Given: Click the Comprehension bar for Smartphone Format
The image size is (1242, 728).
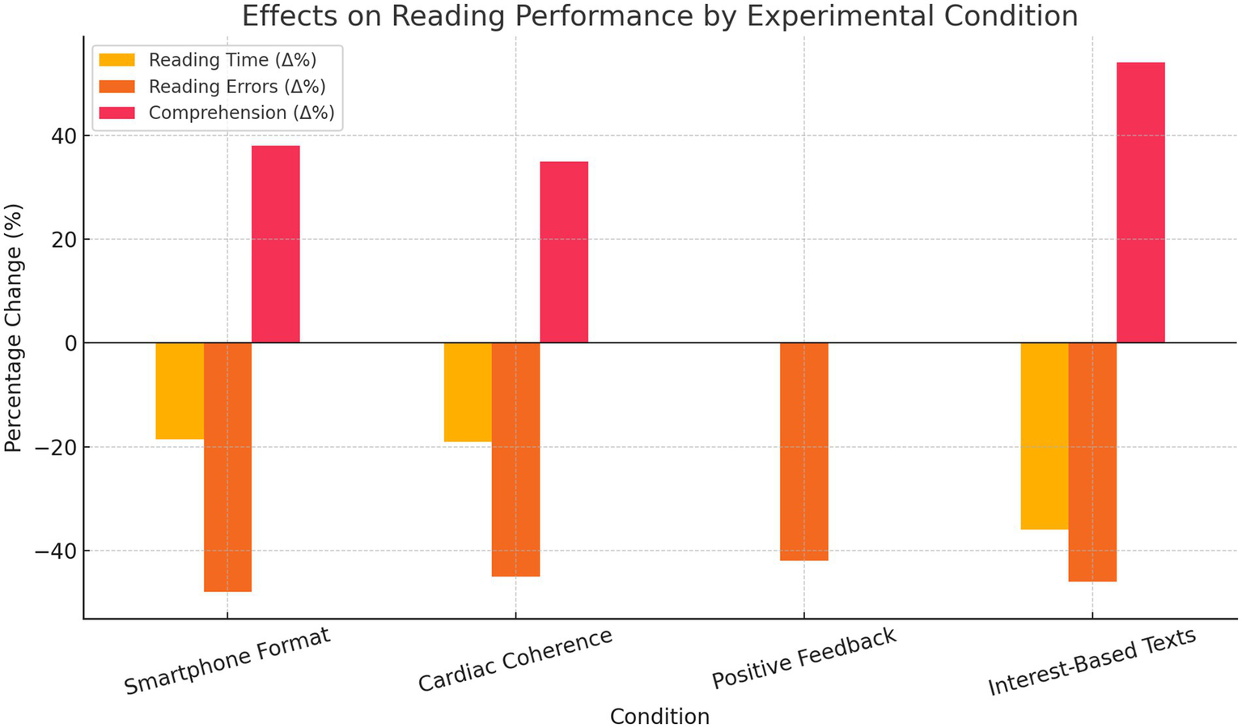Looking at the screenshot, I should point(275,244).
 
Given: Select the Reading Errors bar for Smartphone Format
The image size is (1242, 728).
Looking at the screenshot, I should point(227,467).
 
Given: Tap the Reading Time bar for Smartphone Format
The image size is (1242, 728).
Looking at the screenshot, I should point(180,391).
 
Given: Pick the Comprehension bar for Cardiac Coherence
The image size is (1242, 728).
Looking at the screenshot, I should point(564,252).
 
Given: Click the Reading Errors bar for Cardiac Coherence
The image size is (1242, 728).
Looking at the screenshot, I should point(515,459).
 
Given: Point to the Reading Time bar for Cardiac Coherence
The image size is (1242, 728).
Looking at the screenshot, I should point(468,392).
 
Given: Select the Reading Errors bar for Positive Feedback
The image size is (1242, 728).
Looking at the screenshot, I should point(803,452).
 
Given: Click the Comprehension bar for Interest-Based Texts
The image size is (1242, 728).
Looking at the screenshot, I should point(1140,202).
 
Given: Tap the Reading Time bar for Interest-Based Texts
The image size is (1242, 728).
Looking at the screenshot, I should point(1044,436).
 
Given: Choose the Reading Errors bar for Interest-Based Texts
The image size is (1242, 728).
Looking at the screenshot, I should point(1092,462).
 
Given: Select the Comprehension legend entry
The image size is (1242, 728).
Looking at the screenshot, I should point(241,113).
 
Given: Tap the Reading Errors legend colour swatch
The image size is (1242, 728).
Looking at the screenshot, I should point(117,87).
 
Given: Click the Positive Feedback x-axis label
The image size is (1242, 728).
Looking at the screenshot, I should point(804,658).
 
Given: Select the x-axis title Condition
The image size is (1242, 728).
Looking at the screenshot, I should point(659,717).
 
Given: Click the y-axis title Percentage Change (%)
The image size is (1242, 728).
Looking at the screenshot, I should point(13,328).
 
